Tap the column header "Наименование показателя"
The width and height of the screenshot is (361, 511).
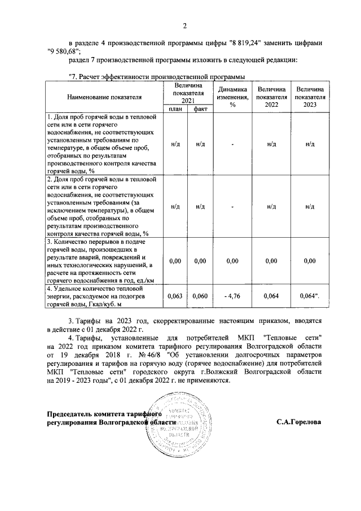point(104,97)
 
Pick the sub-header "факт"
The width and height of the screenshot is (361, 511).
point(199,109)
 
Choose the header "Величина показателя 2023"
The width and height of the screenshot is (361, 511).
point(310,97)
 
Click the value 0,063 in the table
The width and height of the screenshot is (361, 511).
point(175,295)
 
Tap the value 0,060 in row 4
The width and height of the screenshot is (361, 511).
point(200,295)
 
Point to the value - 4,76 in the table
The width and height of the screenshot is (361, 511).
point(232,295)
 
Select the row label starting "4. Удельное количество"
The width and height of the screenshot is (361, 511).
point(102,296)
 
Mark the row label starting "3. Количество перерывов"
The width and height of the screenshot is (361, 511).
point(102,261)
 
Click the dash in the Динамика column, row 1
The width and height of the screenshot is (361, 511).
point(232,144)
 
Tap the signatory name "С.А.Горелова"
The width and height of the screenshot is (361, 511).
point(299,422)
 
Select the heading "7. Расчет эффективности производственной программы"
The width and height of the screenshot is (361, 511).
point(157,77)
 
